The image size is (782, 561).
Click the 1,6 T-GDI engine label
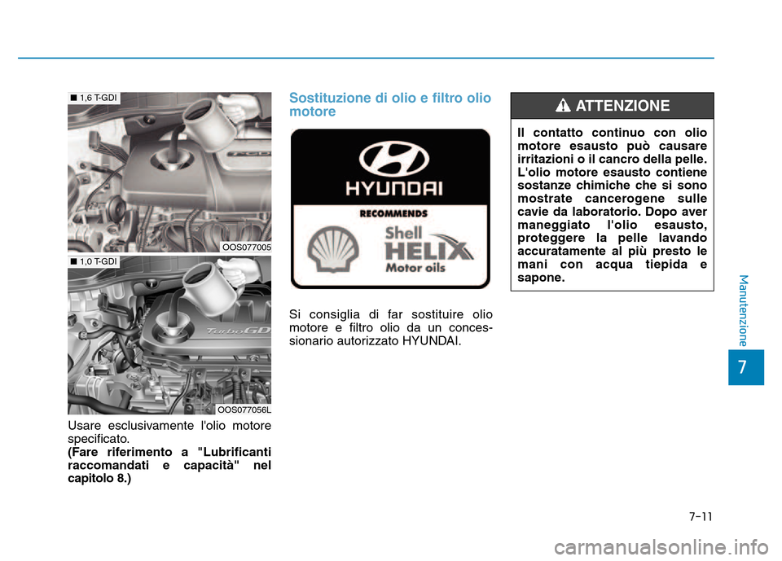pyautogui.click(x=96, y=98)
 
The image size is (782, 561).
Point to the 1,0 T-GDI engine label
pyautogui.click(x=96, y=261)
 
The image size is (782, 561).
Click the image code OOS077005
pyautogui.click(x=245, y=247)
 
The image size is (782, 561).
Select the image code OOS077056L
pyautogui.click(x=244, y=409)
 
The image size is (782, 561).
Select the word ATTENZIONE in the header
pyautogui.click(x=622, y=106)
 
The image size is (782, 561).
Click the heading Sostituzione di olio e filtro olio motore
pyautogui.click(x=390, y=105)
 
